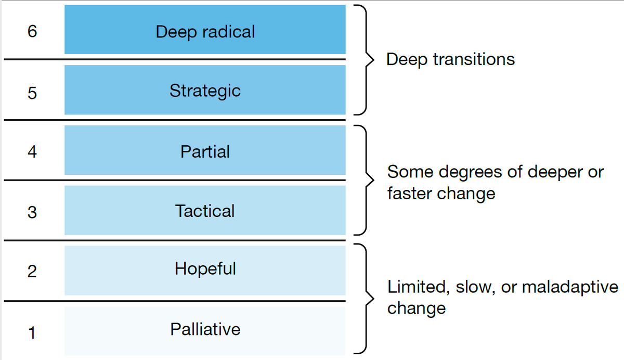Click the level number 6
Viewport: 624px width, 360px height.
click(x=32, y=31)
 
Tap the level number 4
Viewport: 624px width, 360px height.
click(x=32, y=152)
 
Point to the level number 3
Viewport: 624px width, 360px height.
click(x=32, y=212)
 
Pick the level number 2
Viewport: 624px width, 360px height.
click(x=32, y=271)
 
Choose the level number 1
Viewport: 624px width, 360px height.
click(x=32, y=331)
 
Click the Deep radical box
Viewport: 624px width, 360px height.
click(x=205, y=30)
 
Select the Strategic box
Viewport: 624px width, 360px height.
click(x=205, y=90)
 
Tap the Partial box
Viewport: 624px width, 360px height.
click(x=205, y=151)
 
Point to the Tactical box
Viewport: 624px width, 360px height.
click(x=205, y=210)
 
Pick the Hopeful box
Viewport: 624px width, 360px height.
click(x=205, y=269)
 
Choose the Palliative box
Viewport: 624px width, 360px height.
click(x=205, y=330)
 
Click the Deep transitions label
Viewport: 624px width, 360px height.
click(x=450, y=59)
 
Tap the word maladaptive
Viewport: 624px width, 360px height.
click(x=569, y=287)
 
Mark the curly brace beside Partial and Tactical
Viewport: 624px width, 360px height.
click(x=365, y=180)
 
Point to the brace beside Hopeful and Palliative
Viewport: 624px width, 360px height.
click(x=365, y=300)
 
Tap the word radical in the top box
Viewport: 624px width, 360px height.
click(x=229, y=32)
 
